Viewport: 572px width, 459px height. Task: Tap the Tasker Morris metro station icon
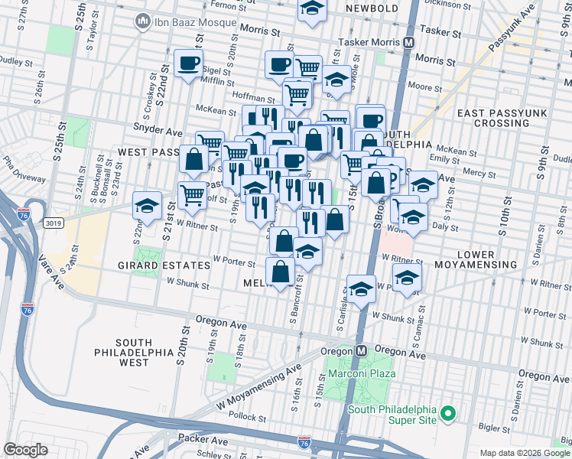click(x=409, y=43)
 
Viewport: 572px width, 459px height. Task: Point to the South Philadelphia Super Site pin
click(x=448, y=414)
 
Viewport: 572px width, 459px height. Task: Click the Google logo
click(x=25, y=449)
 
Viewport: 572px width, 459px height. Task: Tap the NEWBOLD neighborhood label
click(x=372, y=8)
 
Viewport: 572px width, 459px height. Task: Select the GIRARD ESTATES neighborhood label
click(x=163, y=265)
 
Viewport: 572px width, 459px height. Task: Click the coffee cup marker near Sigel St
click(x=188, y=64)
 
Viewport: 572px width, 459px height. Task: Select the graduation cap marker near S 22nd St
click(x=146, y=204)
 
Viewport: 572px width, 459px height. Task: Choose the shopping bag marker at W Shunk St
click(x=280, y=271)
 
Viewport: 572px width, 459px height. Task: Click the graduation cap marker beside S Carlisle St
click(x=362, y=288)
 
